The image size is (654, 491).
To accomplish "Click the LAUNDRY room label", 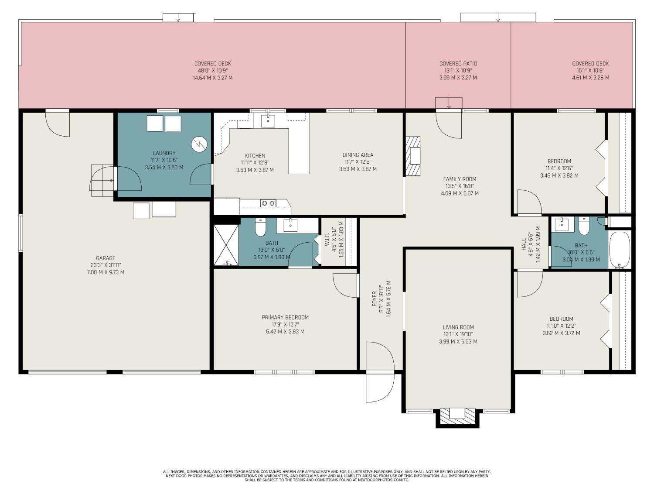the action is (164, 153).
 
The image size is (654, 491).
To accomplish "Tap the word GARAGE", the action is (106, 258).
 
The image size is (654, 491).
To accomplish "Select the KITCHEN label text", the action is (255, 156).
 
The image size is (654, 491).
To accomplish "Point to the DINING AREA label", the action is (358, 155).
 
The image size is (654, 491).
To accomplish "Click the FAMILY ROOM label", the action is (460, 179).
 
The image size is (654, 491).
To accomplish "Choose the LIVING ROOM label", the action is (458, 327).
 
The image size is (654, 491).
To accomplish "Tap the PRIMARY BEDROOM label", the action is (285, 317).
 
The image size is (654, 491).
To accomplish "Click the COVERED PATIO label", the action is (458, 63).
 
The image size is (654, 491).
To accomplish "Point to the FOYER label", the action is (374, 299).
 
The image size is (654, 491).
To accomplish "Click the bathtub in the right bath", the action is (620, 250).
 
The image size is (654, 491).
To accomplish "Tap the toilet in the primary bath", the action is (260, 227).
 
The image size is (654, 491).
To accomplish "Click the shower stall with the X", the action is (226, 245).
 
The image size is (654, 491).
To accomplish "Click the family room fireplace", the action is (413, 156).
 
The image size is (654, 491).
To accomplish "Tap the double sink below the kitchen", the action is (268, 203).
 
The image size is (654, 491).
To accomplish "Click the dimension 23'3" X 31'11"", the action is (106, 265).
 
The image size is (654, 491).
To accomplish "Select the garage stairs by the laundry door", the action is (102, 180).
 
